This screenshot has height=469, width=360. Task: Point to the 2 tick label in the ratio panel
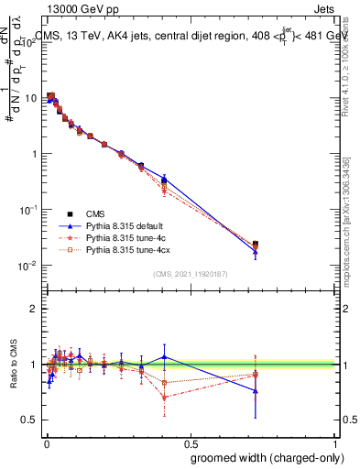click(x=33, y=309)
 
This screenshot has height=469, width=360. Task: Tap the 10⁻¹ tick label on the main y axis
click(x=27, y=210)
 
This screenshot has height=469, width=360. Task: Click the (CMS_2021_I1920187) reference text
click(x=190, y=273)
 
